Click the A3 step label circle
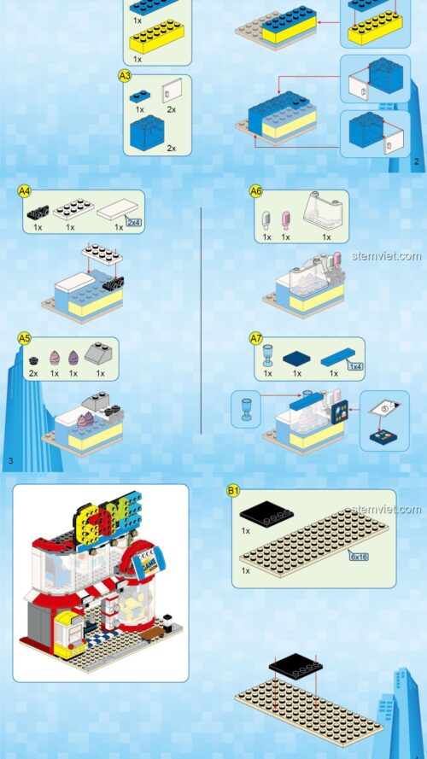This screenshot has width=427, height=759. pos(124,76)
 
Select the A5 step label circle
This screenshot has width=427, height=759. pos(24,339)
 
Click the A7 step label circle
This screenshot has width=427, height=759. pos(255,338)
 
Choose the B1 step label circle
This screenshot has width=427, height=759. pos(233,490)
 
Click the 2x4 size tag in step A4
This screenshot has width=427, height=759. pos(134,222)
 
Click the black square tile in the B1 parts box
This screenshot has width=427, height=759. pos(262,515)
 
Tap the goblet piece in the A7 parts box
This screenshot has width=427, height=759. pos(266,353)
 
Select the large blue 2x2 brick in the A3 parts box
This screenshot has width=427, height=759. pos(146,132)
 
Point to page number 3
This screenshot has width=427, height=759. pos(9,462)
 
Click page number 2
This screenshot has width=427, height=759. pos(416,161)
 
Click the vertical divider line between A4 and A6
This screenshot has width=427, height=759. pos(201,319)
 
